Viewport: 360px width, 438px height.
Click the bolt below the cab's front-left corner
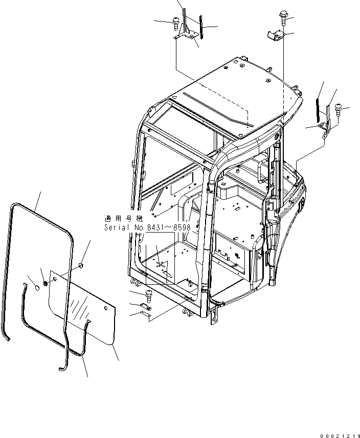pos(148,293)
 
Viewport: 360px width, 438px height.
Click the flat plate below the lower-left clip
pos(146,317)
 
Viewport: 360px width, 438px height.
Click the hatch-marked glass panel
pos(82,312)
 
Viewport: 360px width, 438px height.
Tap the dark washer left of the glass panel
pos(46,282)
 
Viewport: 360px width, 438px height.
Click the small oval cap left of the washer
pos(37,288)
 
